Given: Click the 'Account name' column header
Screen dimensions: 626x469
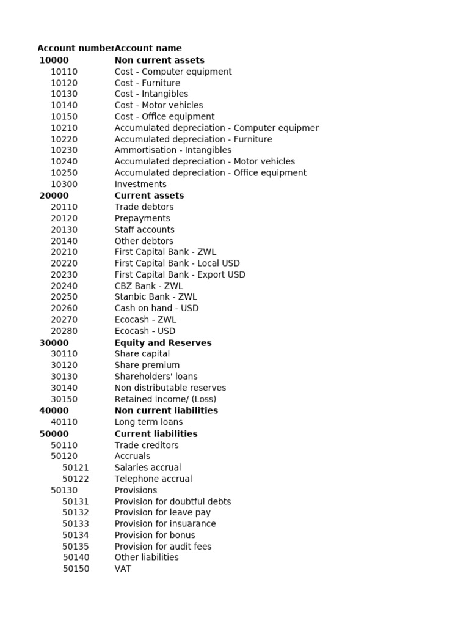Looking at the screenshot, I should coord(148,48).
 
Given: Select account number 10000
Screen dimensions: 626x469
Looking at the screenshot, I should coord(54,60).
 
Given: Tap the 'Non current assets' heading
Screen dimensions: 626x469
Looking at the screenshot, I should coord(159,60).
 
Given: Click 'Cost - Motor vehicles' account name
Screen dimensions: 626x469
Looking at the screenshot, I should coord(159,105).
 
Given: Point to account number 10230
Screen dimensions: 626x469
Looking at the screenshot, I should coord(64,150).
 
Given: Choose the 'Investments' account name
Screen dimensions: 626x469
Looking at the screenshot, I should coord(140,184).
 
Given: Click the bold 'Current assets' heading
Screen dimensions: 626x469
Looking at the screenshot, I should coord(149,196).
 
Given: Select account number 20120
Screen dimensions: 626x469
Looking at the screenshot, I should coord(64,218).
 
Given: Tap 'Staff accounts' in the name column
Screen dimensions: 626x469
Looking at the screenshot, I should coord(144,230).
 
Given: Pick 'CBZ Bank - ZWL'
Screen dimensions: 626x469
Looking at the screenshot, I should coord(148,286).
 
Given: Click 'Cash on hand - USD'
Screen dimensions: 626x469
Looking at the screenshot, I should coord(156,308).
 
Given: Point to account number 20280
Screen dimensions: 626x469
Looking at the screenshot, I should coord(64,331).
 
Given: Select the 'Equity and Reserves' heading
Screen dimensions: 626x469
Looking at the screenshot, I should coord(163,343).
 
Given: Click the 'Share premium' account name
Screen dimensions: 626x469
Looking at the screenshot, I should coord(147,365).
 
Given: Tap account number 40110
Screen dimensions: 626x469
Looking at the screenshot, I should coord(64,422).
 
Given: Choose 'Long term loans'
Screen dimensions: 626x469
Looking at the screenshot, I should coord(148,422).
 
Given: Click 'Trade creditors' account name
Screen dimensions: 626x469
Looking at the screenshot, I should coord(147,445).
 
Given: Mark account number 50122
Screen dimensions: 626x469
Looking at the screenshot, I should coord(76,479).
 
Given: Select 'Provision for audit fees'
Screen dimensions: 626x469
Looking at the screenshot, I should coord(163,547).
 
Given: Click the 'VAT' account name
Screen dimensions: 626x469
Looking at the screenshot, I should coord(123,569).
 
